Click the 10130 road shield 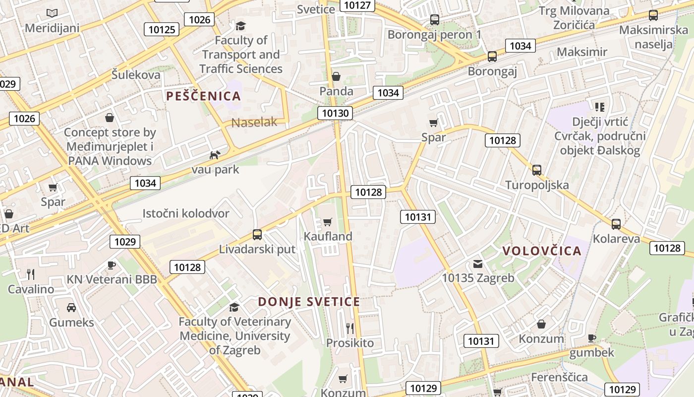(x=336, y=113)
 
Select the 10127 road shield (x=357, y=5)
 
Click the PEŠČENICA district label (x=204, y=96)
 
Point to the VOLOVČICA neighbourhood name (x=542, y=251)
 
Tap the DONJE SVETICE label (x=309, y=302)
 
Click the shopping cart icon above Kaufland (x=327, y=222)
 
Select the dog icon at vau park (x=215, y=155)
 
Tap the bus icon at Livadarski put (x=257, y=235)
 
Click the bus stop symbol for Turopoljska (x=536, y=170)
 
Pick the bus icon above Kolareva (x=616, y=224)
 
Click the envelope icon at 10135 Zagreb (x=478, y=264)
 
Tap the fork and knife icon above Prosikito (x=350, y=328)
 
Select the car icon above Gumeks (x=71, y=308)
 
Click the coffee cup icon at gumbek (x=591, y=338)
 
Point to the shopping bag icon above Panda (x=336, y=76)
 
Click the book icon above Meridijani (x=52, y=13)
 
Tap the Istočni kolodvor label (x=186, y=213)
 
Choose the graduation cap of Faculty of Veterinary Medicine (x=234, y=307)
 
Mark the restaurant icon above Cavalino (x=31, y=274)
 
